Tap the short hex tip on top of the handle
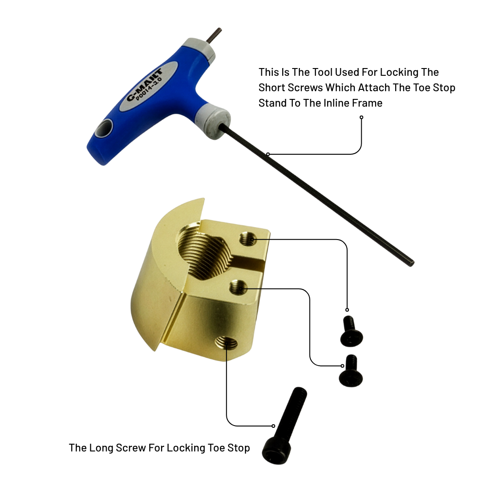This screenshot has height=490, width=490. pos(217,36)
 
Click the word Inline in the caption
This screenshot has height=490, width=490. pos(339,103)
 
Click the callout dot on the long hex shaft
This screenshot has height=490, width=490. pos(268,154)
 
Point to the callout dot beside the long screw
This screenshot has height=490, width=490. pos(273,426)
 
